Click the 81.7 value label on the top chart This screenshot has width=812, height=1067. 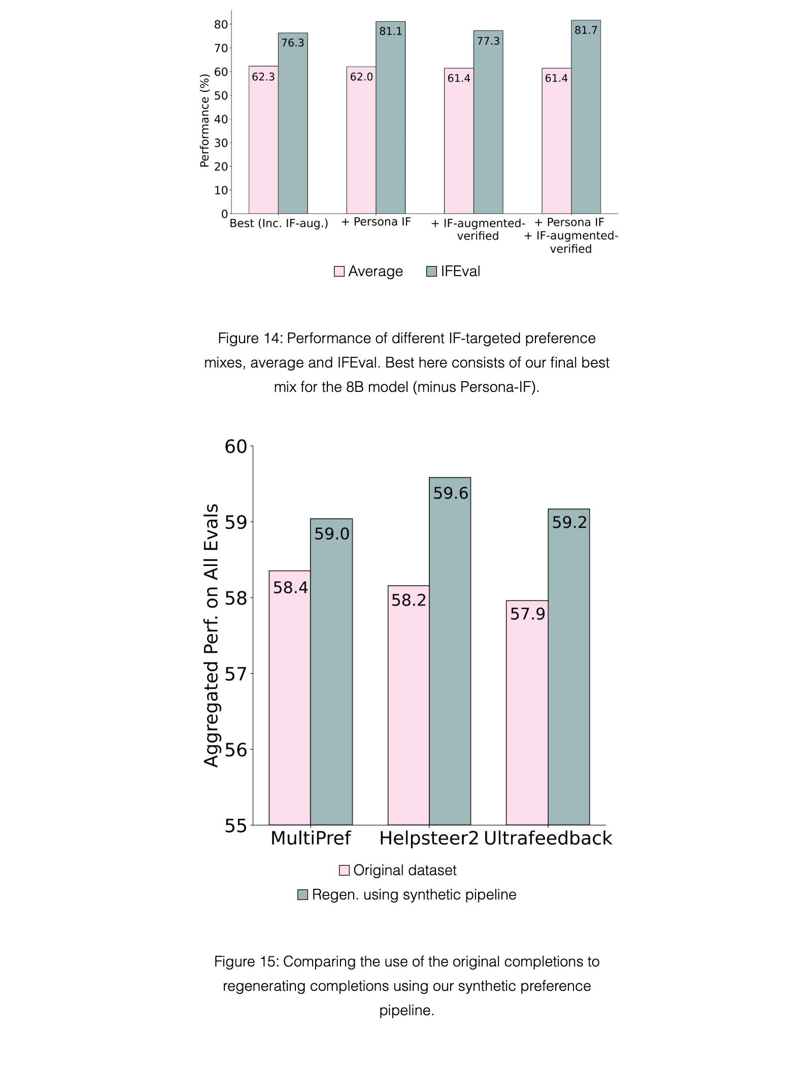pyautogui.click(x=586, y=30)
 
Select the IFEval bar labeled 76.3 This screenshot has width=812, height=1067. pyautogui.click(x=293, y=123)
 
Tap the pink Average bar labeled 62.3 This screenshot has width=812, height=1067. pyautogui.click(x=263, y=140)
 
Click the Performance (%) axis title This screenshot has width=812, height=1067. pyautogui.click(x=205, y=121)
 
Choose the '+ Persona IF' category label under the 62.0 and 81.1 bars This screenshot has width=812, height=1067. pyautogui.click(x=376, y=222)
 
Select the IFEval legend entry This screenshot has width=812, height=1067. pyautogui.click(x=453, y=271)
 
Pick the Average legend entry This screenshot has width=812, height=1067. pyautogui.click(x=368, y=271)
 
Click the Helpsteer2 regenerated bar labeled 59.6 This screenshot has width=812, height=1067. pyautogui.click(x=450, y=651)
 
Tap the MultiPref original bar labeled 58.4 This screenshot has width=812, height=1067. pyautogui.click(x=290, y=698)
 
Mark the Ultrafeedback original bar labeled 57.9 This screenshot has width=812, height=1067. pyautogui.click(x=527, y=713)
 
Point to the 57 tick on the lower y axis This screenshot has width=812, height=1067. pyautogui.click(x=235, y=674)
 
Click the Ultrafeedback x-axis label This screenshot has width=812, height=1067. pyautogui.click(x=548, y=838)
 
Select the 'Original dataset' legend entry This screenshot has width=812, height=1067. pyautogui.click(x=398, y=870)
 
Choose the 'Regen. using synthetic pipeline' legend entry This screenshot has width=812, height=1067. pyautogui.click(x=407, y=894)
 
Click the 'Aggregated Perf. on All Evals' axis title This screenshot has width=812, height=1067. pyautogui.click(x=211, y=635)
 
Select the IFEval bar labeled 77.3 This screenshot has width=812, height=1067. pyautogui.click(x=488, y=122)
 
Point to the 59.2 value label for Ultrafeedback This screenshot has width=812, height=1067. pyautogui.click(x=569, y=522)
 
